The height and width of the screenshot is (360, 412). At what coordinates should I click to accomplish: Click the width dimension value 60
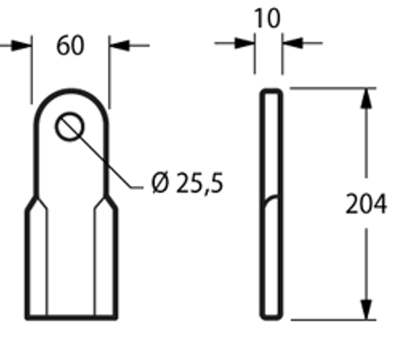[70, 45]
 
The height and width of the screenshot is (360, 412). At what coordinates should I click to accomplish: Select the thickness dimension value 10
[269, 17]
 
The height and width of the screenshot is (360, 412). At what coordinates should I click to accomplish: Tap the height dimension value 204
[366, 203]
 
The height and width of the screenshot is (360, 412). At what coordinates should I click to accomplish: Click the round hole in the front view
[70, 125]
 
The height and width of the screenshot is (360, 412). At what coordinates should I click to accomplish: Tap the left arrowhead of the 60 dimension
[25, 44]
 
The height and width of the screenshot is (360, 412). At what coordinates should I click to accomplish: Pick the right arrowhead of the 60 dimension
[116, 44]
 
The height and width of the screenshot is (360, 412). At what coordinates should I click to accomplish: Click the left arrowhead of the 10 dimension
[249, 42]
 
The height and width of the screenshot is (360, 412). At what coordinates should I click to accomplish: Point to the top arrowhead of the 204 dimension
[366, 95]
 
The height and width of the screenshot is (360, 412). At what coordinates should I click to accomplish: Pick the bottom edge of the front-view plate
[70, 318]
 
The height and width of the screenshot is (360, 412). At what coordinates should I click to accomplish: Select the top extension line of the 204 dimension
[330, 88]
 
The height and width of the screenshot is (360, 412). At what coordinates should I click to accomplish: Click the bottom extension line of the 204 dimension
[330, 319]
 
